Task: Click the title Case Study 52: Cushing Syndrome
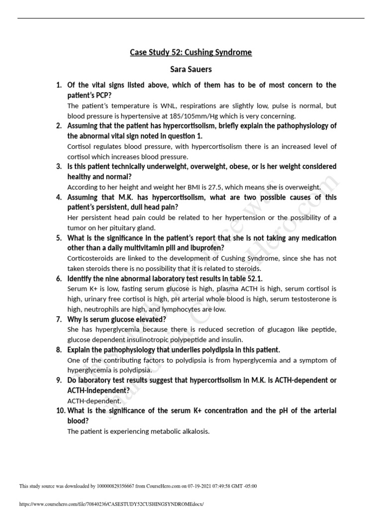[x=191, y=52]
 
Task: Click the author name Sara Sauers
[x=191, y=69]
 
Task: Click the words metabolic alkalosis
[x=185, y=431]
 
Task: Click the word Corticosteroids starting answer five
[x=92, y=258]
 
